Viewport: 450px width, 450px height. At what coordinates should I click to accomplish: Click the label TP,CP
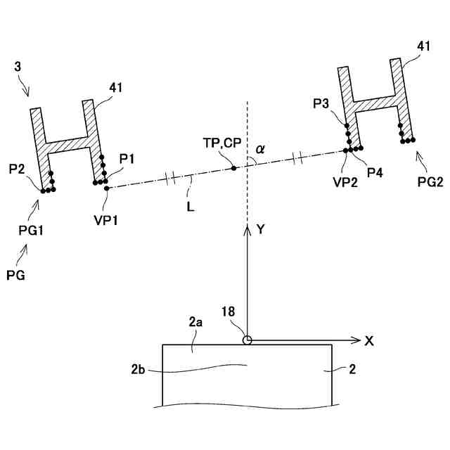click(221, 144)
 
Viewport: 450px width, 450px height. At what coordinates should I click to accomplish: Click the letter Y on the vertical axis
click(260, 229)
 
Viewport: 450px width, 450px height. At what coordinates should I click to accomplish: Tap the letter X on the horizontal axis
click(368, 340)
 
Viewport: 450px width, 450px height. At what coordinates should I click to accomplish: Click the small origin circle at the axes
click(247, 340)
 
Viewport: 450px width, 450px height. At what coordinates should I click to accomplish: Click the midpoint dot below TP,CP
click(233, 169)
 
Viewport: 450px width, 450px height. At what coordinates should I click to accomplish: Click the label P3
click(321, 104)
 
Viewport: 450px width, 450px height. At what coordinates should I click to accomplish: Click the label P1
click(127, 158)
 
